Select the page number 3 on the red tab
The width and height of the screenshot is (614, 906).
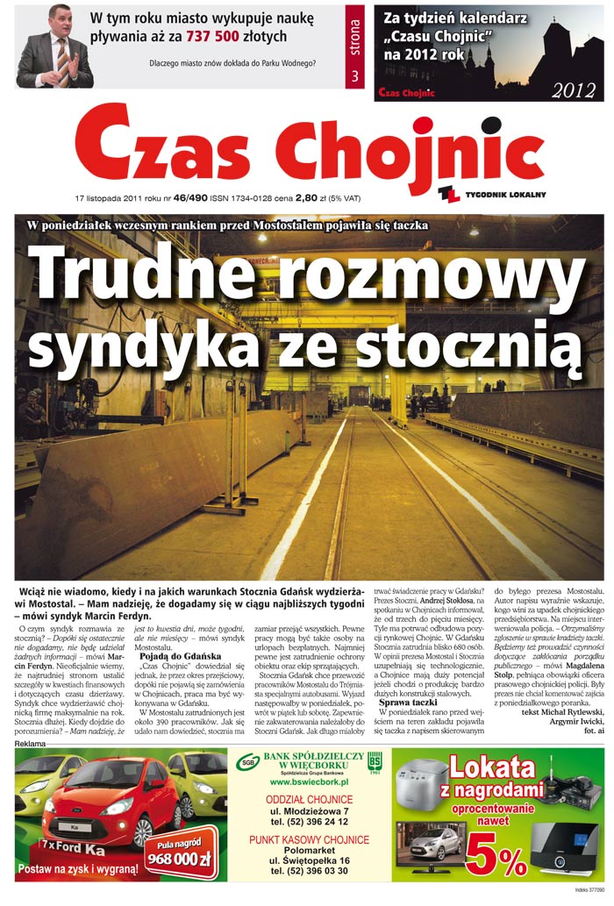click(354, 75)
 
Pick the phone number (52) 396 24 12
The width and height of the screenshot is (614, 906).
click(310, 822)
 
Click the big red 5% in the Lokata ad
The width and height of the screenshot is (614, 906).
click(496, 854)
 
